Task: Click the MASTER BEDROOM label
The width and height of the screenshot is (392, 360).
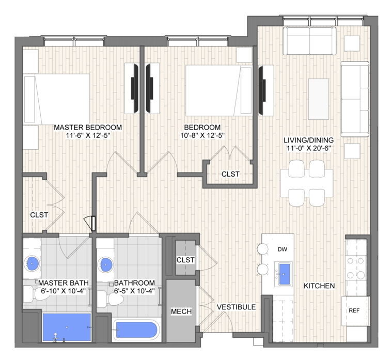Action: (x=88, y=127)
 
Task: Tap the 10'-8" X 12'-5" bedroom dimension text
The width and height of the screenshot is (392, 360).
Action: (x=202, y=135)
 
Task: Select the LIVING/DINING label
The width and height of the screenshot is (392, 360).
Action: (x=309, y=140)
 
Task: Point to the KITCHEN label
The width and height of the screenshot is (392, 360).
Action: (x=319, y=286)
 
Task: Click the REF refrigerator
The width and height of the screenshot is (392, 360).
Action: (x=354, y=311)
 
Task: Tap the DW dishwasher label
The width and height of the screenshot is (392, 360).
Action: (x=282, y=249)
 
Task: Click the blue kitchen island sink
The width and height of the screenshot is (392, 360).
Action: (x=284, y=274)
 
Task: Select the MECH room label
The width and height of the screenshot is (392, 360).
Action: (x=181, y=311)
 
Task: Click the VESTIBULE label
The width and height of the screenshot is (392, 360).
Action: (x=236, y=307)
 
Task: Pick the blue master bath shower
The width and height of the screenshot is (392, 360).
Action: (x=67, y=327)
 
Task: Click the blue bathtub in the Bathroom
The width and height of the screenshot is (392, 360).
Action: (x=136, y=330)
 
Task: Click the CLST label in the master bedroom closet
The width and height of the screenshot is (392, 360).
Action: (x=39, y=215)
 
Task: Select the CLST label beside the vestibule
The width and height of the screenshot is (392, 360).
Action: (x=185, y=260)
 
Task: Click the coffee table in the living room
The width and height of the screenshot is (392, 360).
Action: (x=319, y=99)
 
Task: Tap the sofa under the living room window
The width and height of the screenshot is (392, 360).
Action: (x=309, y=41)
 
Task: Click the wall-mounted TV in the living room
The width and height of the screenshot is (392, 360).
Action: (x=262, y=90)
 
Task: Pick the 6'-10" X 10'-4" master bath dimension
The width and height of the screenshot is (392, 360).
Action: (x=64, y=291)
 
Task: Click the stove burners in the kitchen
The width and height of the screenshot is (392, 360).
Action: (x=355, y=268)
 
